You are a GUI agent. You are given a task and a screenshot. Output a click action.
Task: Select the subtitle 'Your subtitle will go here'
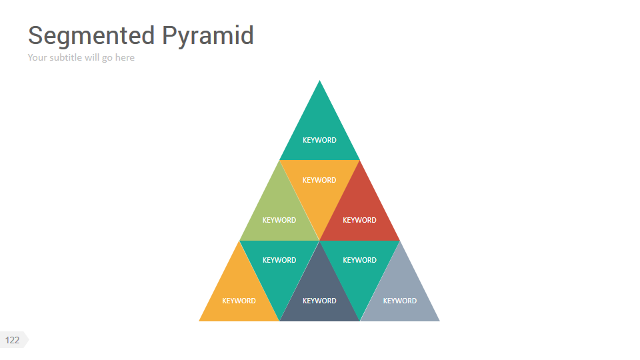pos(81,57)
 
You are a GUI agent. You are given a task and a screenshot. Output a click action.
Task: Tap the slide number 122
pos(12,340)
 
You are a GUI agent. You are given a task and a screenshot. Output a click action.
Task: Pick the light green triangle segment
pos(279,210)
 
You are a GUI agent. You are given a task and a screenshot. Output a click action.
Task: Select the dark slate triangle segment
pos(319,293)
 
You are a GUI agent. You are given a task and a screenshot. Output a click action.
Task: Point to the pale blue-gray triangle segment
pos(400,293)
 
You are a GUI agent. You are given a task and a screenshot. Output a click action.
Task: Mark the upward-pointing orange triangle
pos(239,293)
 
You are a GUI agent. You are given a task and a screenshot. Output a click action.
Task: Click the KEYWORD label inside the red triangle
pos(359,220)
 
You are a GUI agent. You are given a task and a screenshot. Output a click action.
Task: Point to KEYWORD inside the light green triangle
pos(279,220)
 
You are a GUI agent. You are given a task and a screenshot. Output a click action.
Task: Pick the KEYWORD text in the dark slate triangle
pos(319,301)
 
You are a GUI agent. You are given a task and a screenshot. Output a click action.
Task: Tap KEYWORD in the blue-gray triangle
pos(400,301)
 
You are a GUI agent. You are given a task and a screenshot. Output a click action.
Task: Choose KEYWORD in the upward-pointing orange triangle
pos(239,301)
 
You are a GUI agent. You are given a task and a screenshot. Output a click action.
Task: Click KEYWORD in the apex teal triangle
pos(319,140)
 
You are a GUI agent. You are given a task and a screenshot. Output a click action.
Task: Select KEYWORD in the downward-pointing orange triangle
pos(319,180)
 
